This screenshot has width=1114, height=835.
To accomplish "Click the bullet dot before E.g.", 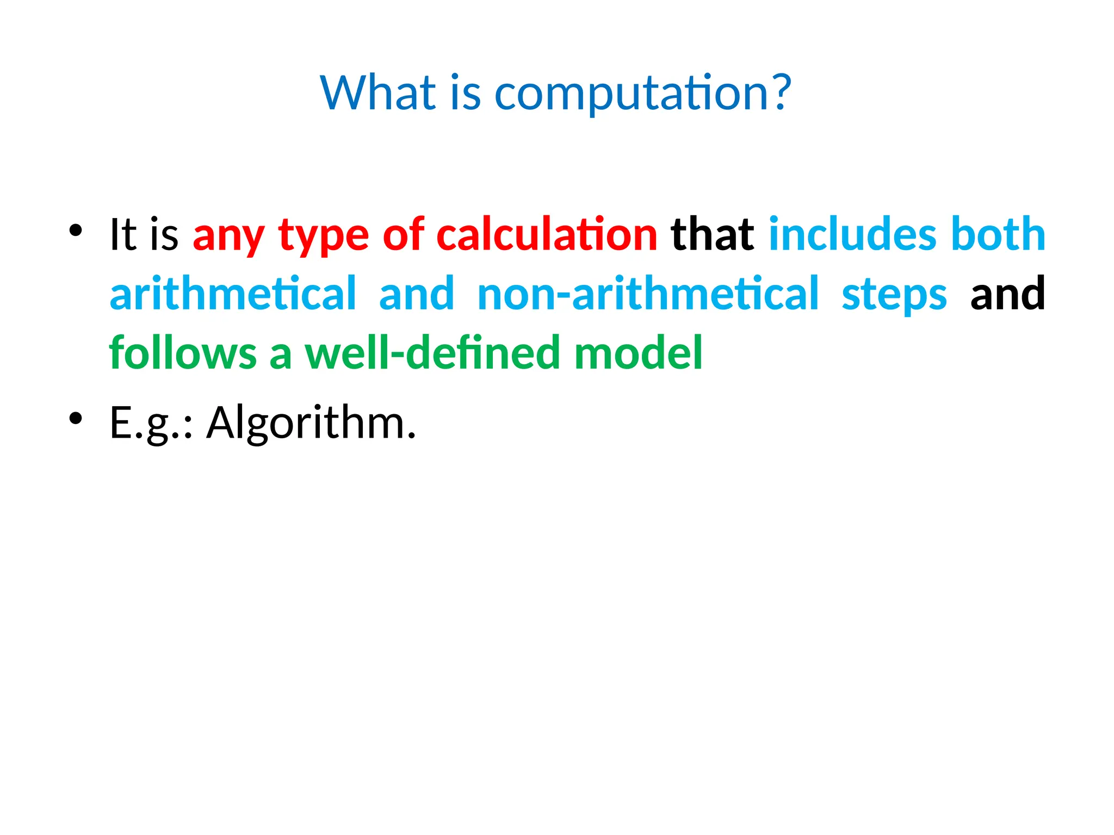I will tap(76, 418).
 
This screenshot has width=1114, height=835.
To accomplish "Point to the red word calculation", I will tap(547, 234).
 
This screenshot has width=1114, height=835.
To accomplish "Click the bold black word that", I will tap(713, 234).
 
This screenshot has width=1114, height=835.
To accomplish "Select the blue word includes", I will tap(852, 234).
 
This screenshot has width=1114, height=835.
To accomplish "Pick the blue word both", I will tap(998, 234).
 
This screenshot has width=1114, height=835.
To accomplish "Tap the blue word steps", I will tap(894, 295).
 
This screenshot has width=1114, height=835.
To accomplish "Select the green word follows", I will tap(183, 353).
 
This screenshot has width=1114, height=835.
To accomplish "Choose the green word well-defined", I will tap(432, 353).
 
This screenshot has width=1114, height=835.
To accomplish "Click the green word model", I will tap(638, 353).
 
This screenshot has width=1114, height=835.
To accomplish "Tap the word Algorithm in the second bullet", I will tap(311, 423).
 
